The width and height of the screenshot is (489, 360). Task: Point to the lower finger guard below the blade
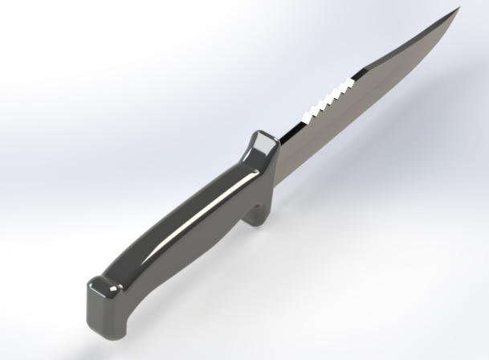259,214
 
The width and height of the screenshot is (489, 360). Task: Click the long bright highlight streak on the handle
197,219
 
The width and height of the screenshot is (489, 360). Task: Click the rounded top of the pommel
100,284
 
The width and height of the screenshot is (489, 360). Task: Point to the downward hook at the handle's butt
120,321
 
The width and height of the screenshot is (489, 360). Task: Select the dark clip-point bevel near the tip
401,48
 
